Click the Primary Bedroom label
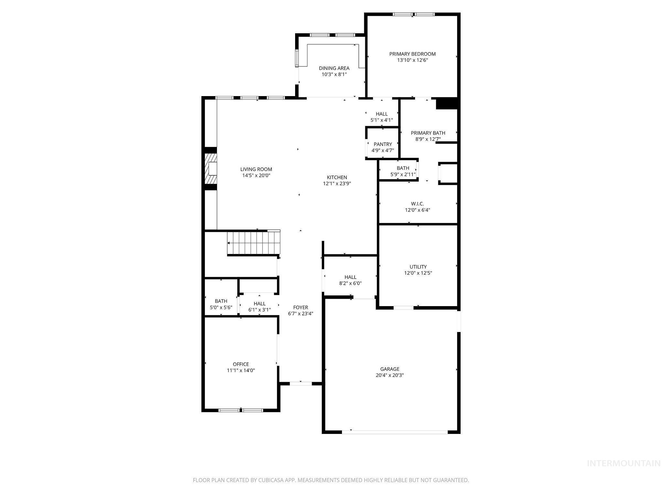(x=412, y=54)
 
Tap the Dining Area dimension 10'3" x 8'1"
(x=334, y=74)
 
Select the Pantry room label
(x=383, y=144)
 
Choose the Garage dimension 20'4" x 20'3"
(x=390, y=375)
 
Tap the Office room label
(x=241, y=364)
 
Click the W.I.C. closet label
(x=417, y=204)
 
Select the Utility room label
(x=418, y=267)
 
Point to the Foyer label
(x=300, y=307)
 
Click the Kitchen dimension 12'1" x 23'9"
(x=337, y=183)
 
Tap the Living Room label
(x=256, y=169)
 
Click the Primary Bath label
(x=428, y=133)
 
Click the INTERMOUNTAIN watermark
(x=624, y=464)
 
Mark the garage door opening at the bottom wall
(x=395, y=432)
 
